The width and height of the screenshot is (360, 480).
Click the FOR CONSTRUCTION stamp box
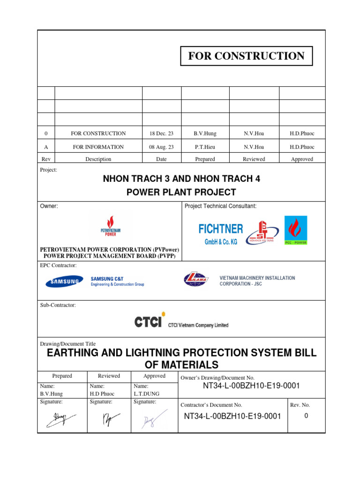[246, 56]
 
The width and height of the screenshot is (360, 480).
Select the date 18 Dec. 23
[161, 134]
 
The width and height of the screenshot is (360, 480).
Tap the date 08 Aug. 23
[161, 147]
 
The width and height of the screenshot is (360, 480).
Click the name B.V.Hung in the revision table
[205, 134]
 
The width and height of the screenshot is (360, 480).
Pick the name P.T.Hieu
[205, 147]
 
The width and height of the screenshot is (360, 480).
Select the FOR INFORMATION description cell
[98, 147]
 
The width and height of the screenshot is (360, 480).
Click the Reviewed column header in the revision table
[254, 159]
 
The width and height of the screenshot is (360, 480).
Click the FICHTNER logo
[221, 233]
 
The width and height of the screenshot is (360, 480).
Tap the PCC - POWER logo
[296, 230]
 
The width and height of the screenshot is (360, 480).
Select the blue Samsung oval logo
[62, 282]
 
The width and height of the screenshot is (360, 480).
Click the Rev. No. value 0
[306, 415]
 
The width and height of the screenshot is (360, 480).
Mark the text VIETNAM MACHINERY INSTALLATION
[257, 278]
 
